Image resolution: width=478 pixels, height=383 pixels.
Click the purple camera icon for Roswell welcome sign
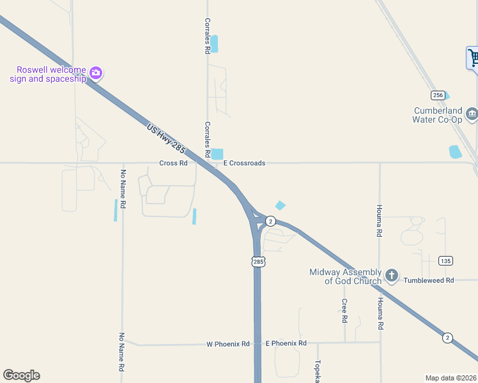pyautogui.click(x=96, y=73)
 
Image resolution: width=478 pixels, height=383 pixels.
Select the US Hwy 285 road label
pyautogui.click(x=166, y=139)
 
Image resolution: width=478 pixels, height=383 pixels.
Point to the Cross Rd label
pyautogui.click(x=173, y=163)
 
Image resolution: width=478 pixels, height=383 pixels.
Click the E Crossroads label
pyautogui.click(x=243, y=163)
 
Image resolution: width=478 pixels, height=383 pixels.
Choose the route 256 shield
pyautogui.click(x=437, y=95)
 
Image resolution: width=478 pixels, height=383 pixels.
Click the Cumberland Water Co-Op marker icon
pyautogui.click(x=472, y=114)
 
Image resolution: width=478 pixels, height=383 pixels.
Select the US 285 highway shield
pyautogui.click(x=258, y=262)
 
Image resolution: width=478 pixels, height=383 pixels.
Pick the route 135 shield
pyautogui.click(x=445, y=260)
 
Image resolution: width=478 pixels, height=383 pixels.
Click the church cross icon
pyautogui.click(x=391, y=276)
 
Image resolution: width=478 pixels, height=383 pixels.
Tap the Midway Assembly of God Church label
pyautogui.click(x=345, y=276)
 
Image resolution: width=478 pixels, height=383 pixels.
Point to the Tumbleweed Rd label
pyautogui.click(x=431, y=280)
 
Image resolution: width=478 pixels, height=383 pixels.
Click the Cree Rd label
pyautogui.click(x=344, y=310)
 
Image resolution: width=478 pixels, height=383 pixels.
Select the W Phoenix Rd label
pyautogui.click(x=228, y=344)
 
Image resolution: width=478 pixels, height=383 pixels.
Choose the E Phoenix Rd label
pyautogui.click(x=286, y=343)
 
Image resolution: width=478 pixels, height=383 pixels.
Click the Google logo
pyautogui.click(x=21, y=375)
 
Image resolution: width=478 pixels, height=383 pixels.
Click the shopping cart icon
pyautogui.click(x=474, y=58)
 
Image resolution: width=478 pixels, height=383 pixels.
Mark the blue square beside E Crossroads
pyautogui.click(x=218, y=154)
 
